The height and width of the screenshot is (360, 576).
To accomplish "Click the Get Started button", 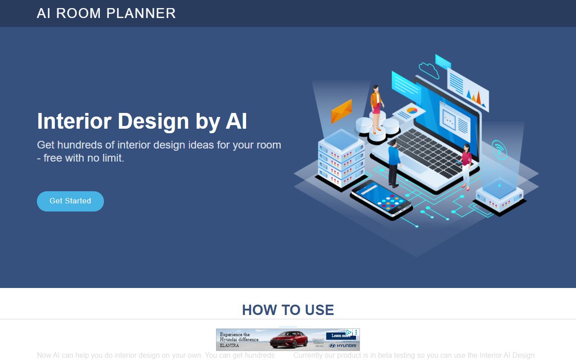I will [70, 201].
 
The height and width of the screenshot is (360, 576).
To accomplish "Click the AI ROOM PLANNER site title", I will [106, 13].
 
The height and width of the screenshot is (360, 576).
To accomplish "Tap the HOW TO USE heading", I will [288, 310].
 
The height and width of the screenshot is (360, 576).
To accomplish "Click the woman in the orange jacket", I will [376, 108].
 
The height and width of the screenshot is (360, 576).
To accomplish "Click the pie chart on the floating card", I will [412, 110].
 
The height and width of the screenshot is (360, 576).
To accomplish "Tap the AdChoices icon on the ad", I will [349, 333].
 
